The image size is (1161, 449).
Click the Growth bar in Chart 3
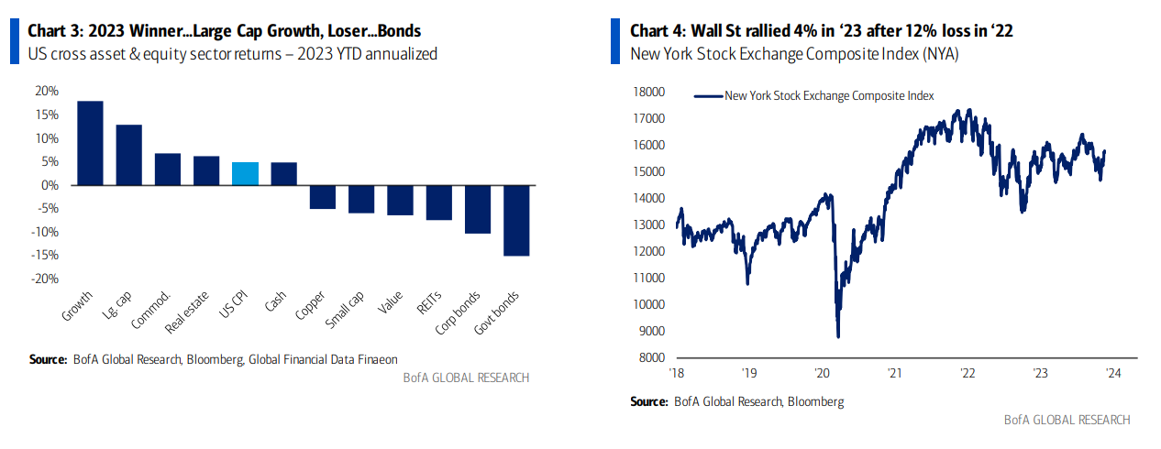tap(90, 143)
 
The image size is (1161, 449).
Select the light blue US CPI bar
tap(245, 174)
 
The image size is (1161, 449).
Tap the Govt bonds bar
tap(516, 221)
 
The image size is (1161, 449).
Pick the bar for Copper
tap(322, 197)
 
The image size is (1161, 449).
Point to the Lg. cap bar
tap(128, 155)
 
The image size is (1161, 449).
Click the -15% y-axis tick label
tap(45, 256)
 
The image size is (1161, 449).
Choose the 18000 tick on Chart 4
tap(647, 92)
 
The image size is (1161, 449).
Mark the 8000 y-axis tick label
tap(650, 358)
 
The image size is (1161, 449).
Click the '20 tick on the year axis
tap(822, 374)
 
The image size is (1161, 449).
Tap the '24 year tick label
tap(1113, 374)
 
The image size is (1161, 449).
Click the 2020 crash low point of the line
tap(838, 336)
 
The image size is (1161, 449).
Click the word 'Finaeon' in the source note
tap(376, 359)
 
